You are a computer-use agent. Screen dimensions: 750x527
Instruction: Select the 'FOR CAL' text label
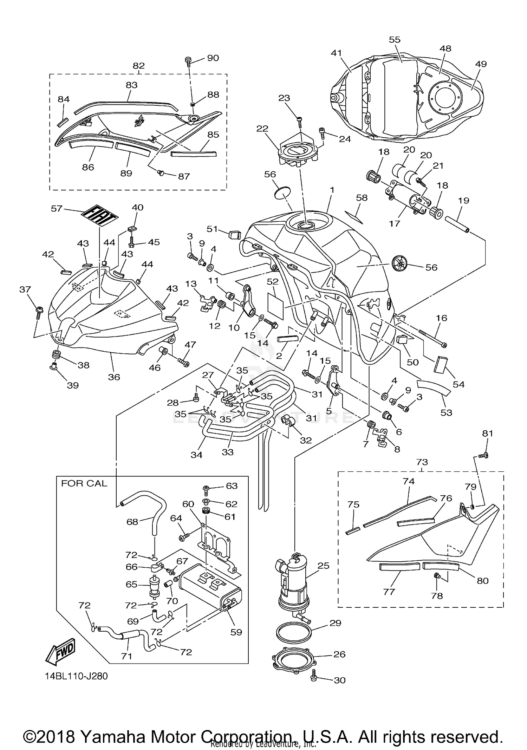[84, 483]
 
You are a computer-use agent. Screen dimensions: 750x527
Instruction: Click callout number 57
[56, 209]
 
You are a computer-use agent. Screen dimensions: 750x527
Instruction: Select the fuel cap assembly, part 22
[298, 152]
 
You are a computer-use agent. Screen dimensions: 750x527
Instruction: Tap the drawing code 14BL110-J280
[76, 676]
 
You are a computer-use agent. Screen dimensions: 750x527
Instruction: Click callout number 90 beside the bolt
[213, 58]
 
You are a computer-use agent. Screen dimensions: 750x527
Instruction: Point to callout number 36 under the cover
[114, 377]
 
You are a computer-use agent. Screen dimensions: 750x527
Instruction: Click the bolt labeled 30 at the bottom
[314, 678]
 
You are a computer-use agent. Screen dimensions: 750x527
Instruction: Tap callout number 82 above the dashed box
[139, 66]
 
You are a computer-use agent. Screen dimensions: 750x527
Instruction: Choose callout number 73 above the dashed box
[422, 462]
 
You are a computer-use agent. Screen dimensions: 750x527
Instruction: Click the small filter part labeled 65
[154, 585]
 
